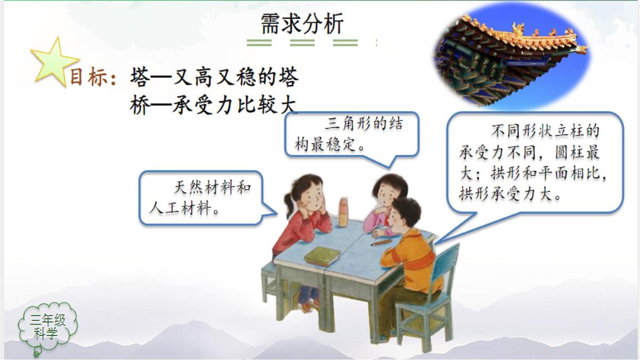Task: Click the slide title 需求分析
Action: point(302,24)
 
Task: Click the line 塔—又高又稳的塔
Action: point(214,78)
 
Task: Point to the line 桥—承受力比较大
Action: point(212,105)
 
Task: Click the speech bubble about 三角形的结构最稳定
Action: point(351,134)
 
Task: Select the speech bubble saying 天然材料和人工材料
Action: point(200,197)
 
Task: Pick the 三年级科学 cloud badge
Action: point(48,326)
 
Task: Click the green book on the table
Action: point(323,256)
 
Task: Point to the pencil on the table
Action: point(381,242)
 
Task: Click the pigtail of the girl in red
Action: point(290,203)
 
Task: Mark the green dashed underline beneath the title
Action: point(302,43)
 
